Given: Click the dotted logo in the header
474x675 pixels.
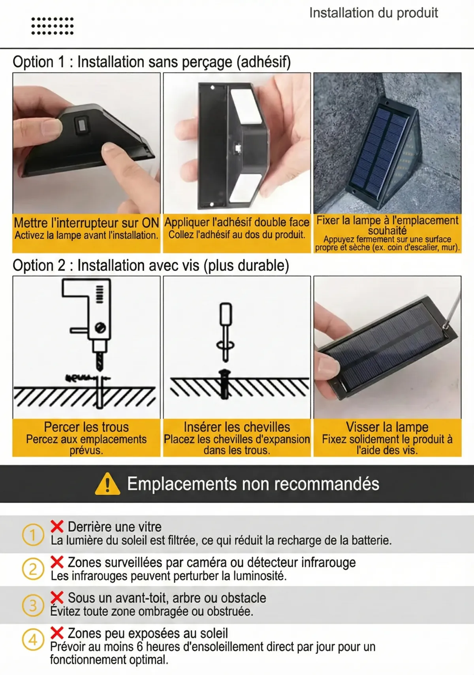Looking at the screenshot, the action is (x=53, y=26).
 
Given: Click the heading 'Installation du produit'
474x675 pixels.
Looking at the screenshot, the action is (x=374, y=13).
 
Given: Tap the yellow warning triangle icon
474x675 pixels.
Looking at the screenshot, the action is (x=107, y=484).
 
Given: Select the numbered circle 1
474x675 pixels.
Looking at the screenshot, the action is (x=33, y=535).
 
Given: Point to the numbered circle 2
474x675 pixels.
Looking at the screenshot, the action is (x=33, y=569).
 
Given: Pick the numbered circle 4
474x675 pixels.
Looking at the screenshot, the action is (x=33, y=639).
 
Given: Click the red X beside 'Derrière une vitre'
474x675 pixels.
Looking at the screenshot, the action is (x=57, y=526).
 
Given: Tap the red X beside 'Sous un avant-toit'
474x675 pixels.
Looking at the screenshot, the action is (x=57, y=597).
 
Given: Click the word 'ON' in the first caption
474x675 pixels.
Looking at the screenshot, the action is (x=150, y=223).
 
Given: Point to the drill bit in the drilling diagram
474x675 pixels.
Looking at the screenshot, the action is (x=100, y=362).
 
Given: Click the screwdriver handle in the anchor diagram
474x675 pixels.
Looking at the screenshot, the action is (x=226, y=313).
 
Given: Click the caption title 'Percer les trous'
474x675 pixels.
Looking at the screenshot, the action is (x=86, y=427).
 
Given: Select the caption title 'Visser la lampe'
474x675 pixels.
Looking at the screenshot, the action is (x=387, y=427).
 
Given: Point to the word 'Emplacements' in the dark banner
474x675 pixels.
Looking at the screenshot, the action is (x=182, y=484).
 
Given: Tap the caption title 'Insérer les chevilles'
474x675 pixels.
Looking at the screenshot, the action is (x=237, y=427).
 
